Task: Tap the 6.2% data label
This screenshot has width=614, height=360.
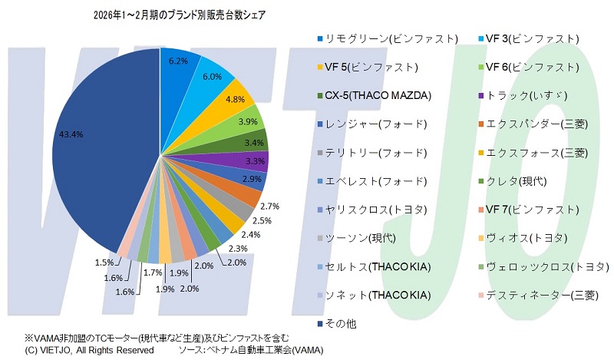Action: coord(178,61)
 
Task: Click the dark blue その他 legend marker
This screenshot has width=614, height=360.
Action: coord(319,324)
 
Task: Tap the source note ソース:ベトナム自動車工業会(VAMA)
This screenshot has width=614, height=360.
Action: coord(250,350)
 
